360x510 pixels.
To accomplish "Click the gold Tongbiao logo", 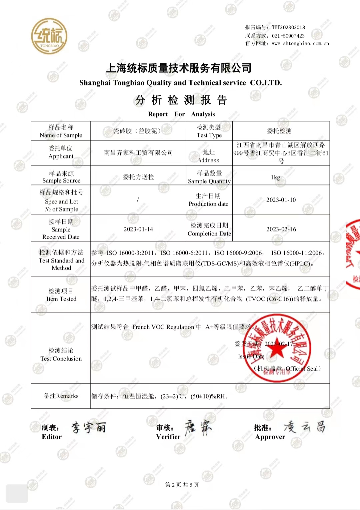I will (49, 36).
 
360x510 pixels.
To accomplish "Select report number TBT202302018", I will (288, 27).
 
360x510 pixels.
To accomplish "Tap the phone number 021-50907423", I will (288, 36).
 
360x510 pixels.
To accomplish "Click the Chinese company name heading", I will (179, 68).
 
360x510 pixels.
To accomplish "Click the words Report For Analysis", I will (181, 114).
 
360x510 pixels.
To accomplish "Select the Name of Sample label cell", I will (61, 131).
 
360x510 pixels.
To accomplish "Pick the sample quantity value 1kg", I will (275, 177).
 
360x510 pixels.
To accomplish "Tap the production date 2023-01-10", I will (281, 200).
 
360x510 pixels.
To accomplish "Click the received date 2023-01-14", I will (138, 229).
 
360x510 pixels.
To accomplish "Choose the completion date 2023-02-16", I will (281, 229).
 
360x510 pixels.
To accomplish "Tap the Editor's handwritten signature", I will (89, 427).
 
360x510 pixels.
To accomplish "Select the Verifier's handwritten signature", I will (198, 428).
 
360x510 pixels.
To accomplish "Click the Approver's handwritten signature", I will (304, 427).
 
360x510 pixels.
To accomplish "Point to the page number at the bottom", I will (182, 485).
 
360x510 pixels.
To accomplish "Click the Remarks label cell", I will (61, 396).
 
